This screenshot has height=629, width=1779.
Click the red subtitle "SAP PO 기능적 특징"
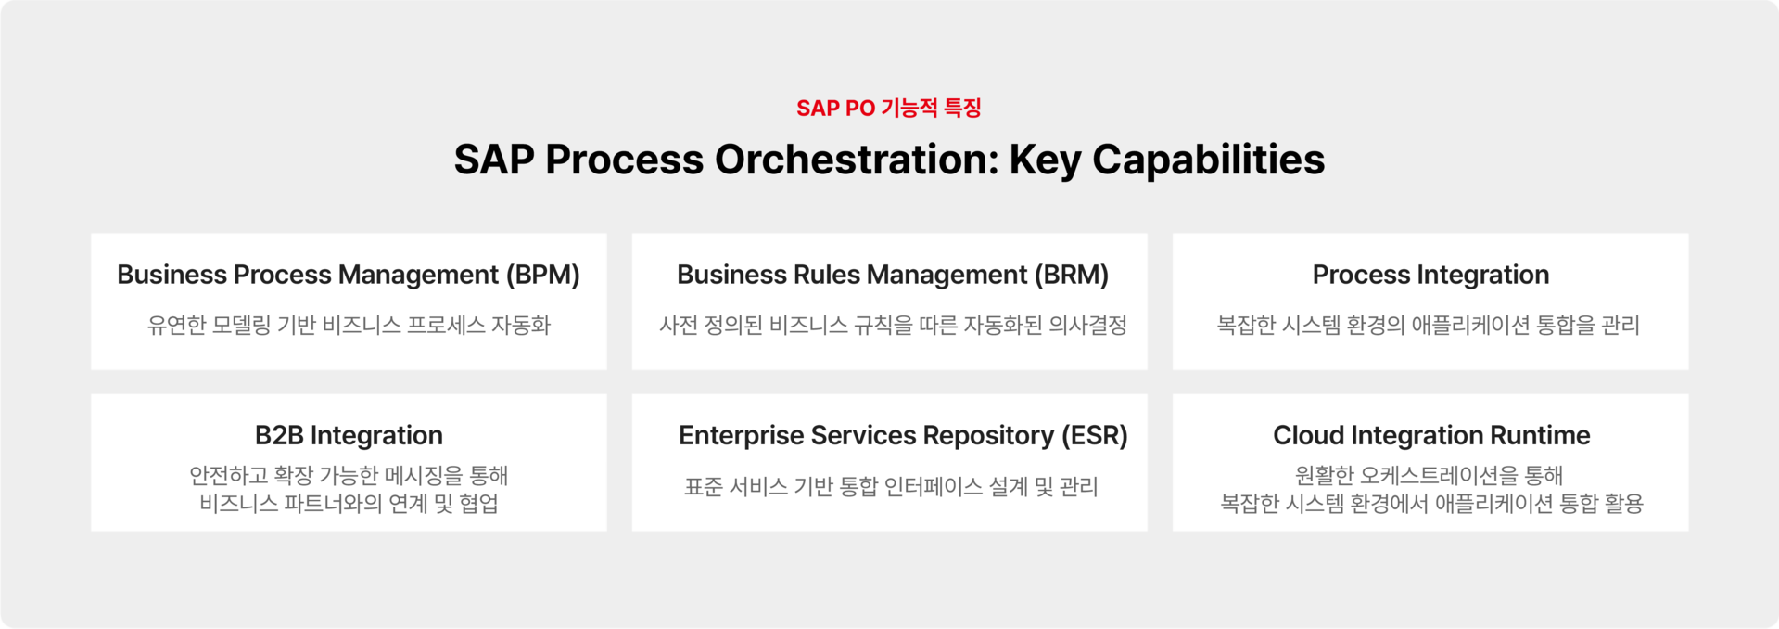[x=889, y=108]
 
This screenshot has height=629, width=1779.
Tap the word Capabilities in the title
[x=1209, y=160]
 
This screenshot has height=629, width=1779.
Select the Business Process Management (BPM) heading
[x=349, y=275]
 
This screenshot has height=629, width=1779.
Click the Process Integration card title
[x=1430, y=275]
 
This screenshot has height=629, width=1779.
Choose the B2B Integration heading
[x=349, y=435]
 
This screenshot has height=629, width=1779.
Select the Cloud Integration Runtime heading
[x=1431, y=435]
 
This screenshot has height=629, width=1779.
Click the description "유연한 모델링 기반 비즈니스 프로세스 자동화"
[x=349, y=325]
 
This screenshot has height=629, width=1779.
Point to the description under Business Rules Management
[x=893, y=325]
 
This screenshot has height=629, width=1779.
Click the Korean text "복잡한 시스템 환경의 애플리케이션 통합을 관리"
[x=1429, y=325]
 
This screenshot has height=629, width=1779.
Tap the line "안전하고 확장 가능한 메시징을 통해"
[x=349, y=475]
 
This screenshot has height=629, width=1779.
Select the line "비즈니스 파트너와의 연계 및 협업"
[x=349, y=503]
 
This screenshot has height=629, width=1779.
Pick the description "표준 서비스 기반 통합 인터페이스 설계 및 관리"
[x=891, y=486]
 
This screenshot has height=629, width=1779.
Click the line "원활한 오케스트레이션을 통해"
[x=1429, y=475]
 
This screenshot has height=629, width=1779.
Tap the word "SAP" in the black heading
[x=494, y=160]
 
